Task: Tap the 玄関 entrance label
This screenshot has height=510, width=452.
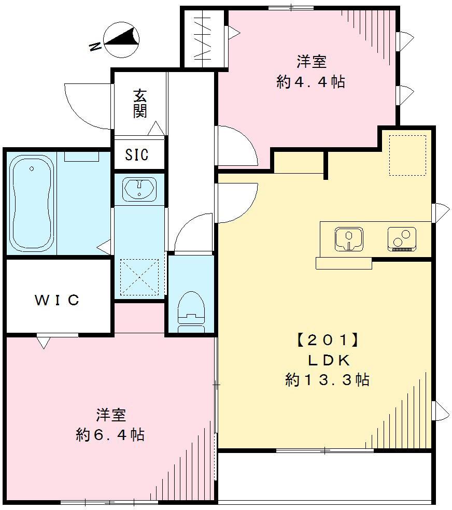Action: coord(140,104)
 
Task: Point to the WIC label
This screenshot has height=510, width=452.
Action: coord(57,300)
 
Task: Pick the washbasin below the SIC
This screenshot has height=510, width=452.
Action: coord(139,188)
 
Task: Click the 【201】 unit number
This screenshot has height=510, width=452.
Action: coord(327,341)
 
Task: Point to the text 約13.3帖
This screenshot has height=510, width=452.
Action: coord(327,380)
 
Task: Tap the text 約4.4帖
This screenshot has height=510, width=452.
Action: coord(311,81)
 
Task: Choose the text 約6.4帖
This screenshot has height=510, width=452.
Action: coord(110,434)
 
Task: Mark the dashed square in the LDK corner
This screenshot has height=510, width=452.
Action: coord(407,155)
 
